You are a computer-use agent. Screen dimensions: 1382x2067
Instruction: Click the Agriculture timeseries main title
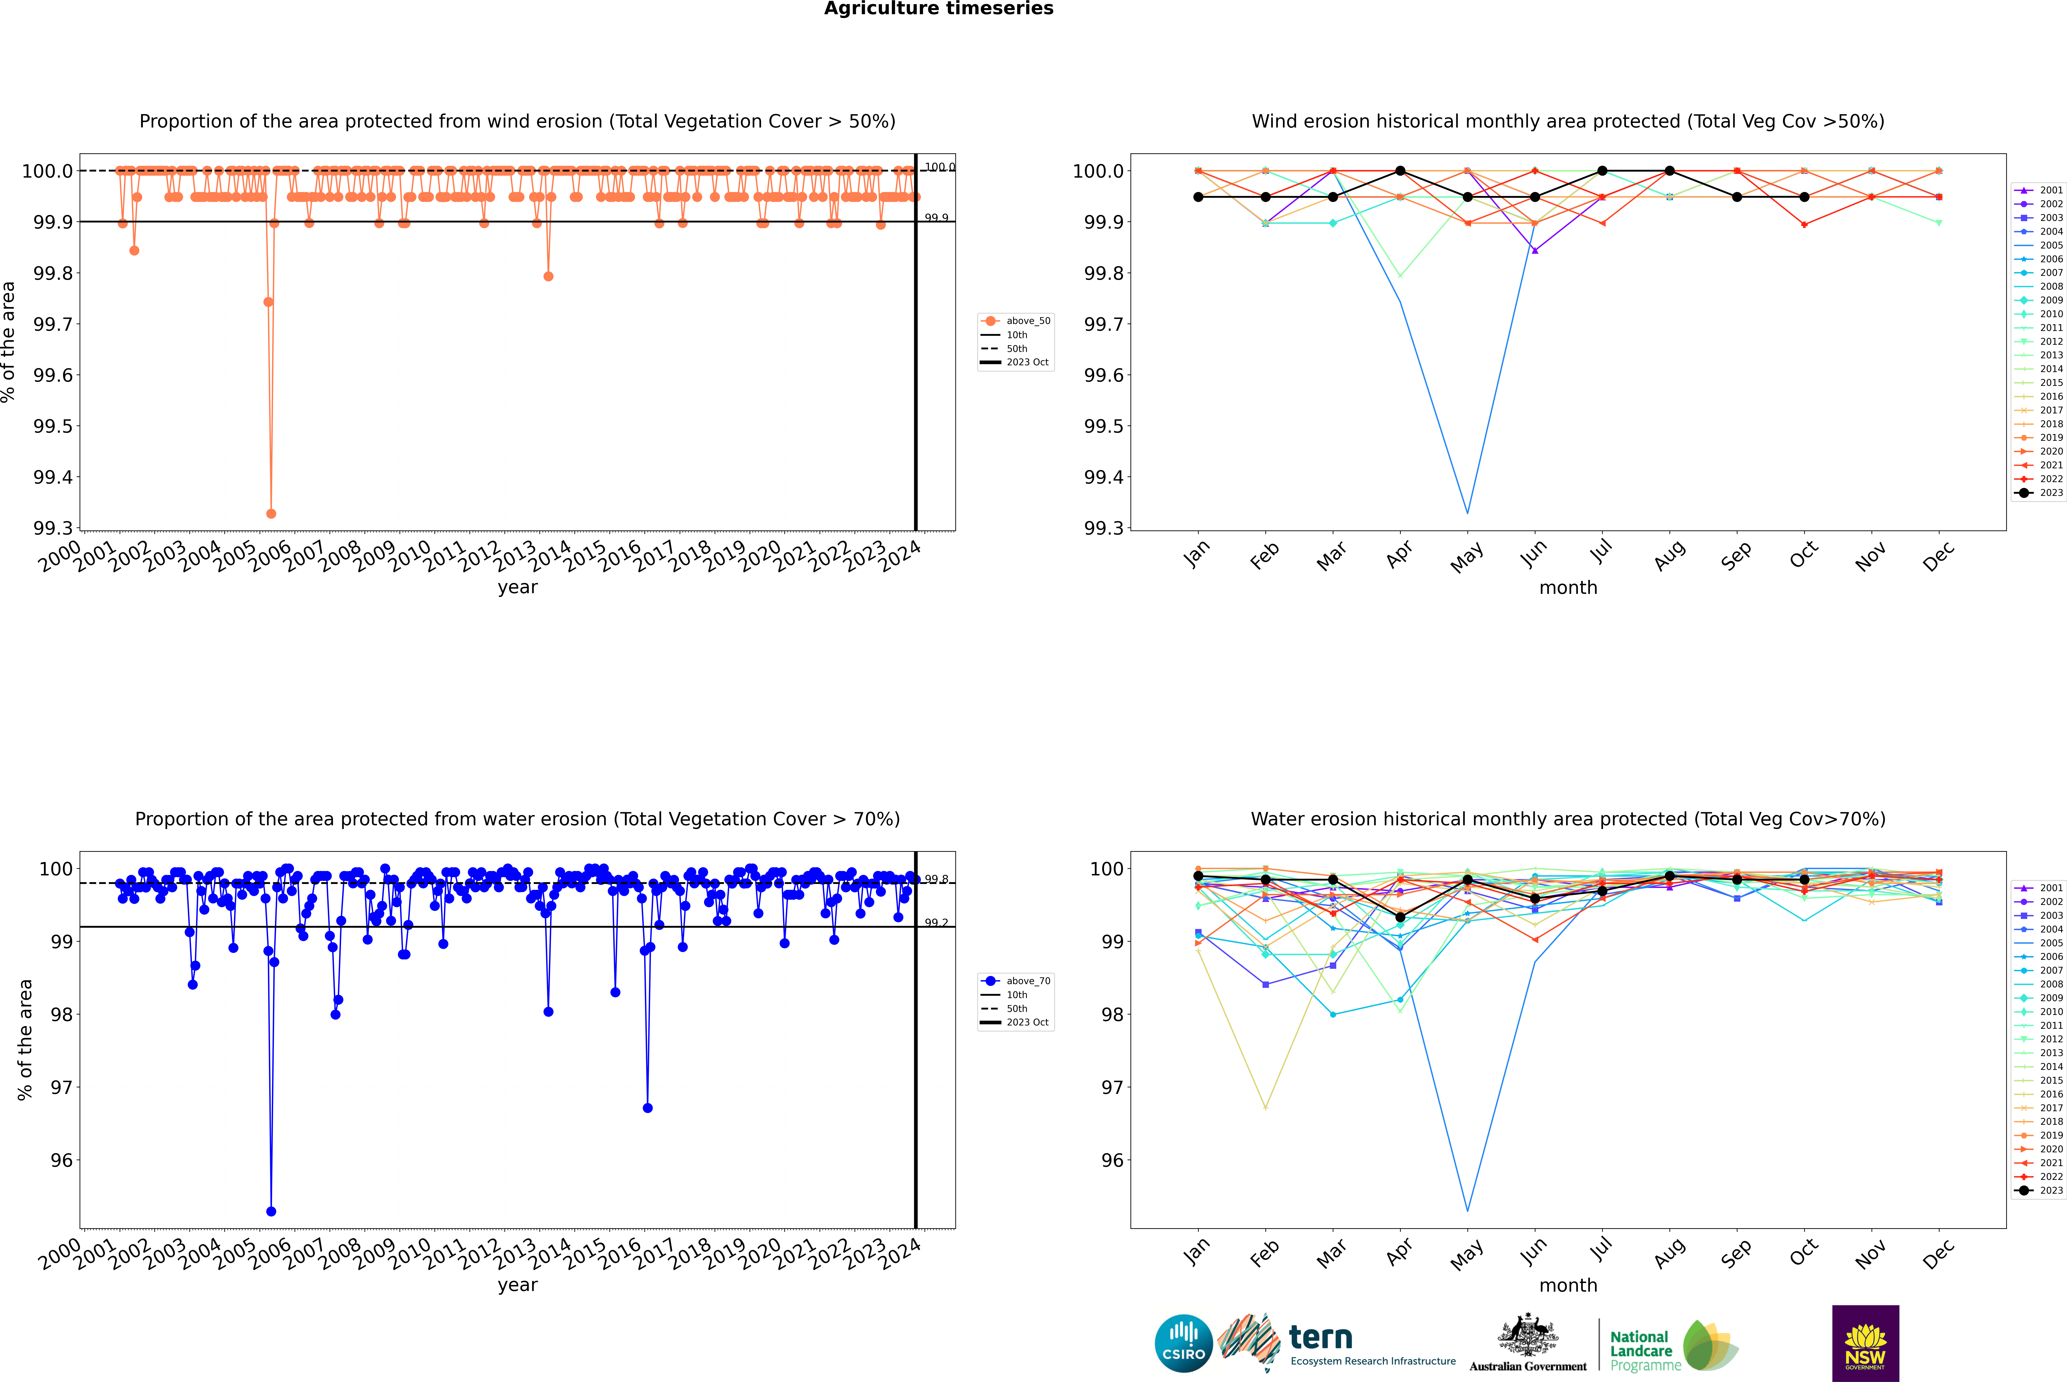tap(938, 9)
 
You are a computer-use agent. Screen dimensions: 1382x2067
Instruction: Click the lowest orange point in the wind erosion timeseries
tap(271, 513)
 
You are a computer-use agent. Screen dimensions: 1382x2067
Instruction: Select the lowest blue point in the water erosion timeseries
tap(271, 1211)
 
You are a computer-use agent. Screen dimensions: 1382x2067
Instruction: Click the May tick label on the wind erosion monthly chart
tap(1466, 557)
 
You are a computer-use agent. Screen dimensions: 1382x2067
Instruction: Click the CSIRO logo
tap(1183, 1343)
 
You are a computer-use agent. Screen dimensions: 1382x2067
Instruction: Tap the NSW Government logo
tap(1865, 1343)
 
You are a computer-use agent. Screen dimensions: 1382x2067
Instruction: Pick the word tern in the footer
tap(1320, 1337)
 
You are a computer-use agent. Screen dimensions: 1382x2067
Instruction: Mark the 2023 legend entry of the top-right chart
tap(2050, 493)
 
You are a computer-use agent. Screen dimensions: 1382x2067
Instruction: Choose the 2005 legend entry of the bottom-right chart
tap(2050, 943)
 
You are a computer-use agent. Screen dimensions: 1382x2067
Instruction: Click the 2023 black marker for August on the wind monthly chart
tap(1670, 171)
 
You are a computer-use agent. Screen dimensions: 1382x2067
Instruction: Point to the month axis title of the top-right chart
tap(1567, 588)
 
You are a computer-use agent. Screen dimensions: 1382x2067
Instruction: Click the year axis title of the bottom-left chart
tap(517, 1285)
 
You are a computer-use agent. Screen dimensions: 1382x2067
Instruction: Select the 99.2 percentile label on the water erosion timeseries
tap(936, 923)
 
